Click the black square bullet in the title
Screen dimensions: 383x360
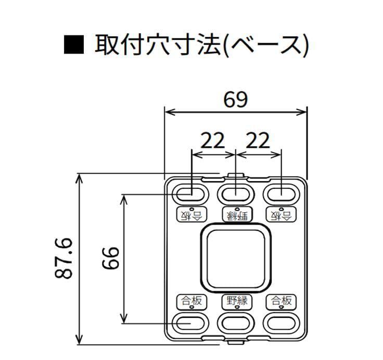73,46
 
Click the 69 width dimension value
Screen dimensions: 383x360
236,99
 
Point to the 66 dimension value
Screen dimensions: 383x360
110,258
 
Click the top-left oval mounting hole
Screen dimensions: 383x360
190,195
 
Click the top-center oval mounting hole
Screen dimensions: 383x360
236,195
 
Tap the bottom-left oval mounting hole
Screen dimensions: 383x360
190,323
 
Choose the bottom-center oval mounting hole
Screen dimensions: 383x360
236,323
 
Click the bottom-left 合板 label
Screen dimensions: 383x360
191,301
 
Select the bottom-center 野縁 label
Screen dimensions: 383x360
236,301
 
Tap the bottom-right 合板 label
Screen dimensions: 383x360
281,301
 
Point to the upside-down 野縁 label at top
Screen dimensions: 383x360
236,214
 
